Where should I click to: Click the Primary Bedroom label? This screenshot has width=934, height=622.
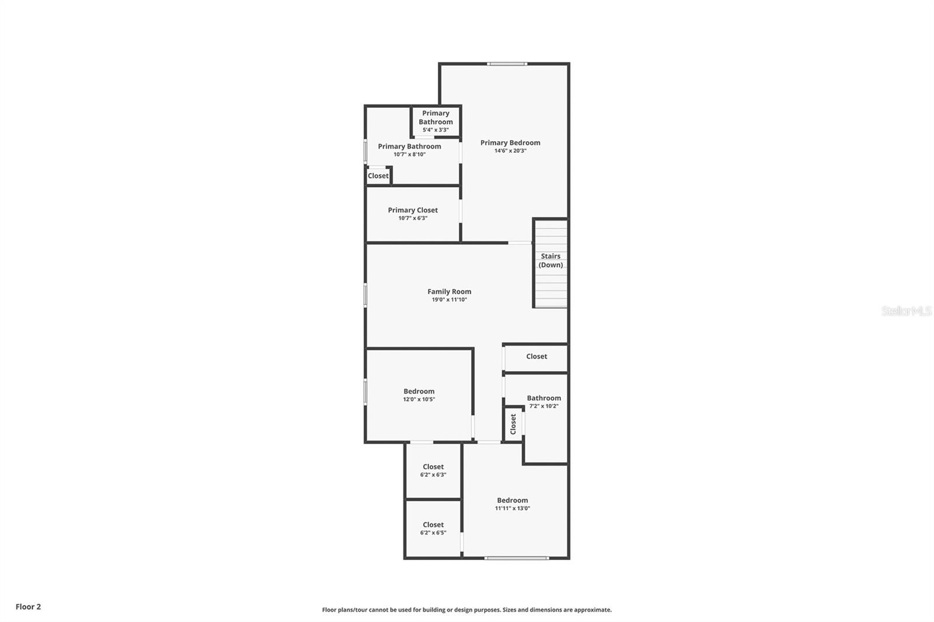point(510,142)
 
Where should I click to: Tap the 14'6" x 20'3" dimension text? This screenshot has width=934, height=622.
point(510,151)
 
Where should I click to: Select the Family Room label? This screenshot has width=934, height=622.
point(449,292)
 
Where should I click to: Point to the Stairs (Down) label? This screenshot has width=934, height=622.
point(550,260)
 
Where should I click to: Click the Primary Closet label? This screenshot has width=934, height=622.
point(412,210)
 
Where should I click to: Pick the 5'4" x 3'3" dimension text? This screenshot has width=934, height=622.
point(435,130)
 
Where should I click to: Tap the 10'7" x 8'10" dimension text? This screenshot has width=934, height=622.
point(409,155)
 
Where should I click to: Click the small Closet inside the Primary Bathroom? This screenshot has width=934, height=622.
point(378,176)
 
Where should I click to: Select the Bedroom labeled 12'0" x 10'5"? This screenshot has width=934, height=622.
point(419,392)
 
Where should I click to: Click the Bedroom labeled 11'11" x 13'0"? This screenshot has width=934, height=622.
point(512,500)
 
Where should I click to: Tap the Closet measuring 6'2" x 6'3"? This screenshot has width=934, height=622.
point(433,467)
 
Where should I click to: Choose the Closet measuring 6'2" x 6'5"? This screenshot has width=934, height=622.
point(433,525)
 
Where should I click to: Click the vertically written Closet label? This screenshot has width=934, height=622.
point(513,424)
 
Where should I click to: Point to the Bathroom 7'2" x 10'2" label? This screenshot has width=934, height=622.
point(543,398)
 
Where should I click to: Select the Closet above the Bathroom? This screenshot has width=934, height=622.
point(536,357)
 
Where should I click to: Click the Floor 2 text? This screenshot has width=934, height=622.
point(28,607)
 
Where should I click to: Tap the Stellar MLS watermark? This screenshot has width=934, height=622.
point(906,312)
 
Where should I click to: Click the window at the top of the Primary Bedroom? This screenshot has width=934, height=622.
point(507,64)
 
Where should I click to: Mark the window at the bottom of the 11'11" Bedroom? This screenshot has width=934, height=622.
point(516,558)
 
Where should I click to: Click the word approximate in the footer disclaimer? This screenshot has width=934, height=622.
point(592,610)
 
